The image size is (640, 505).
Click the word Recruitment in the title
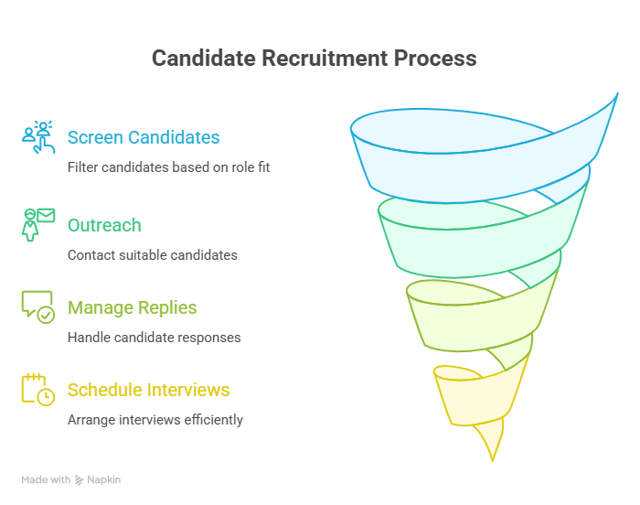click(325, 58)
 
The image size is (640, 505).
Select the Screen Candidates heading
click(144, 137)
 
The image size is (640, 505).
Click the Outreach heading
click(104, 225)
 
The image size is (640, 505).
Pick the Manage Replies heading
click(132, 307)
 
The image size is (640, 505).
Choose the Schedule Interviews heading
click(148, 390)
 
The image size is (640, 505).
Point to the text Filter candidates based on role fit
click(168, 167)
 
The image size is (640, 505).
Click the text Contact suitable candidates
click(153, 255)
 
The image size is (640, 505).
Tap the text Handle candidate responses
click(154, 338)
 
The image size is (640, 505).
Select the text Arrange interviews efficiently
click(155, 420)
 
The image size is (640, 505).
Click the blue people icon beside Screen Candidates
click(38, 137)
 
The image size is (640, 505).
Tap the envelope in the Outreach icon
click(46, 215)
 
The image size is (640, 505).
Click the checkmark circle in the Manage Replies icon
click(46, 315)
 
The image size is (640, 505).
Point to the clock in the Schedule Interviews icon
click(46, 397)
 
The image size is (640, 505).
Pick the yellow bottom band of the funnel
click(477, 401)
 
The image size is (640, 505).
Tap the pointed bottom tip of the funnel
click(493, 461)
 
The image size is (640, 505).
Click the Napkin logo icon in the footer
click(79, 480)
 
